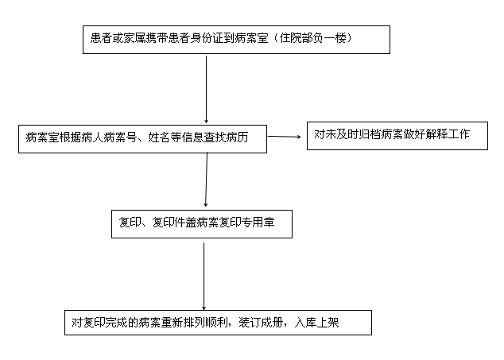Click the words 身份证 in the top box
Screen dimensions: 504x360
(x=207, y=38)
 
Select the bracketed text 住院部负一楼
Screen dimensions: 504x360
(x=312, y=38)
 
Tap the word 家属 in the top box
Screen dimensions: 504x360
(x=134, y=38)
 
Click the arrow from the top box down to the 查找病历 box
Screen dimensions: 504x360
(x=207, y=90)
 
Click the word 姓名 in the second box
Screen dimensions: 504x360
(x=159, y=137)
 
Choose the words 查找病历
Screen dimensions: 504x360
(x=226, y=137)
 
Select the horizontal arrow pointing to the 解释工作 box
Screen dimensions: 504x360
(x=285, y=137)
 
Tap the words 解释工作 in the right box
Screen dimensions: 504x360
(x=448, y=134)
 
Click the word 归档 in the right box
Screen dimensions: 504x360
(x=370, y=134)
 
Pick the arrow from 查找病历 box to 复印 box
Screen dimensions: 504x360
(x=207, y=180)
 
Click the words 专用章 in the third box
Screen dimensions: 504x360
(x=258, y=223)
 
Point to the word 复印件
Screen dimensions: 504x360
(x=169, y=223)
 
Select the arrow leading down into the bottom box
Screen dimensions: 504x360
(x=204, y=277)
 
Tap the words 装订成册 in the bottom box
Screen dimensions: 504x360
(x=261, y=323)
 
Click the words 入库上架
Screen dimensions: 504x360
(x=316, y=323)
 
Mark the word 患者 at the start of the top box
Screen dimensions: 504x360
(x=101, y=38)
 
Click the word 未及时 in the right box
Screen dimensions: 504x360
(x=342, y=134)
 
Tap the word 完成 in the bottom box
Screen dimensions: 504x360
(x=116, y=323)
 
